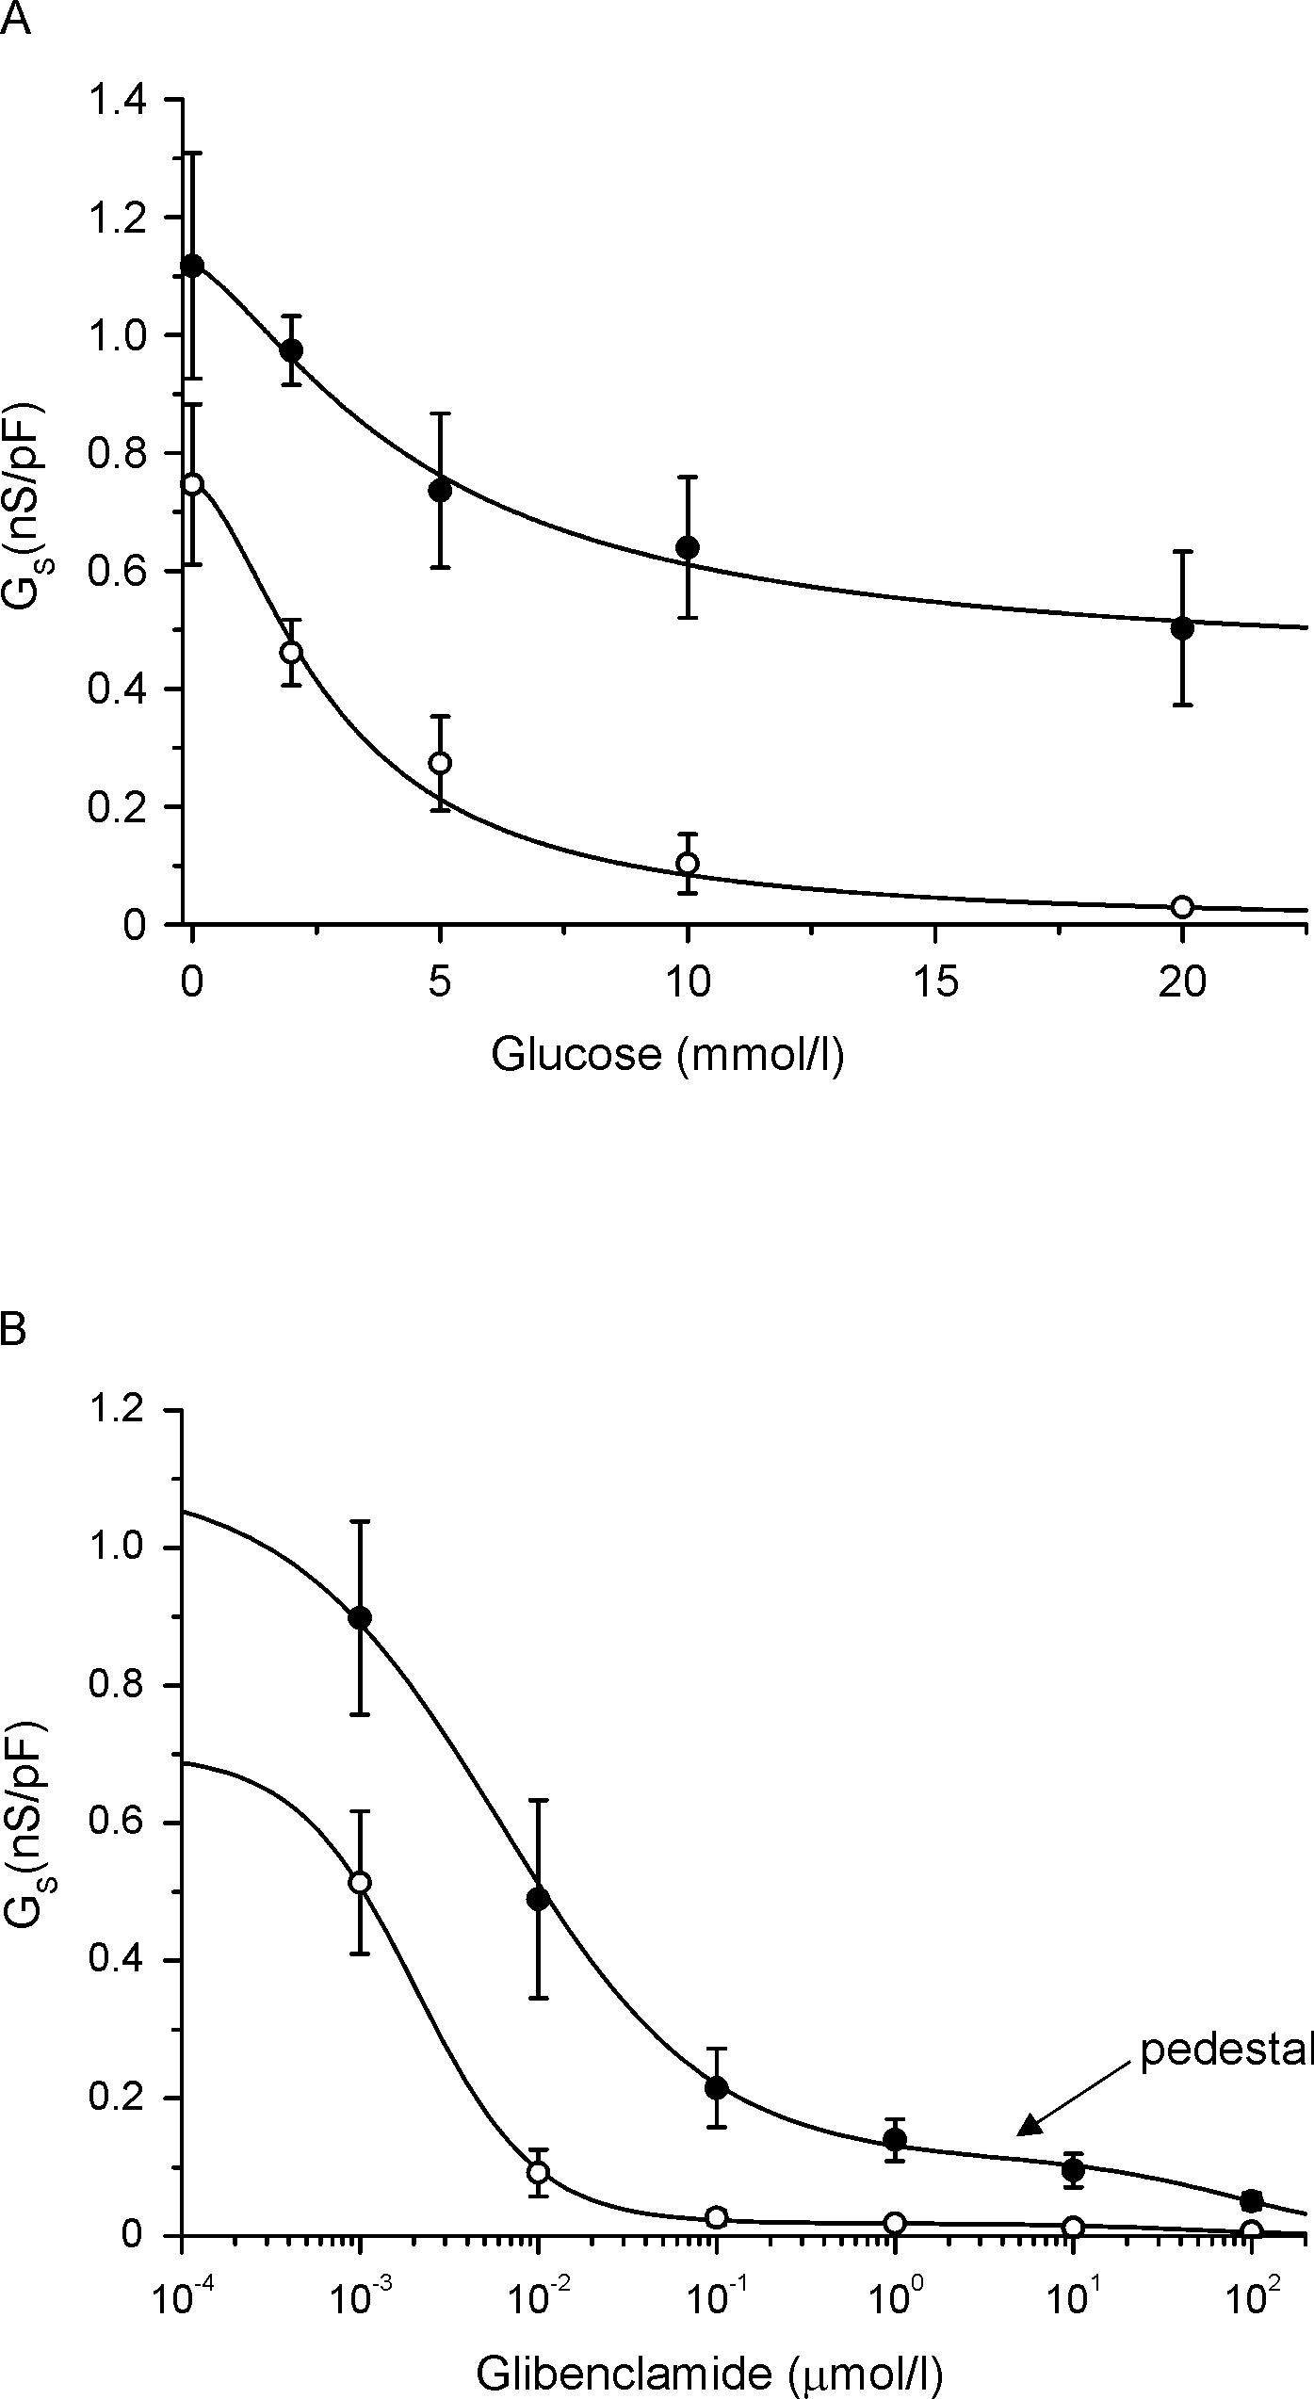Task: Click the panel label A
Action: (x=16, y=19)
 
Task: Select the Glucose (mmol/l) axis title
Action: (x=667, y=1053)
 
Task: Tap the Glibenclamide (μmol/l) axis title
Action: (x=708, y=2369)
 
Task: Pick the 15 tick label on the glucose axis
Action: (x=934, y=983)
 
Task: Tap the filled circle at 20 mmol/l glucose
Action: (x=1182, y=628)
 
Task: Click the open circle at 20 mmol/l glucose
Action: (x=1182, y=906)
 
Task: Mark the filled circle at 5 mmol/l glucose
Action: (x=439, y=490)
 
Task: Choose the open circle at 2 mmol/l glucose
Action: (x=291, y=652)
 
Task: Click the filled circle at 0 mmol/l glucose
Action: (x=192, y=266)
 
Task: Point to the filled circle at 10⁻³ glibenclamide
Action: (x=360, y=1617)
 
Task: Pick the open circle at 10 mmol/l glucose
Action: (x=688, y=863)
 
